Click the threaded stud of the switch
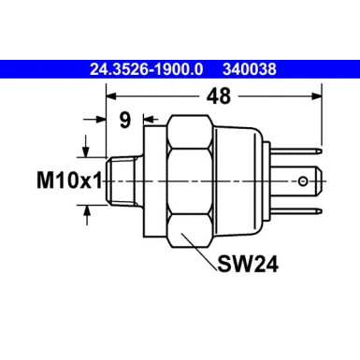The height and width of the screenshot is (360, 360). (x=122, y=180)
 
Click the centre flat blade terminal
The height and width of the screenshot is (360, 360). (x=309, y=178)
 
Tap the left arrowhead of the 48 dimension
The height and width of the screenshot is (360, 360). (x=112, y=95)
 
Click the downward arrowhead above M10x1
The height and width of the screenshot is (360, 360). (x=89, y=153)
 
